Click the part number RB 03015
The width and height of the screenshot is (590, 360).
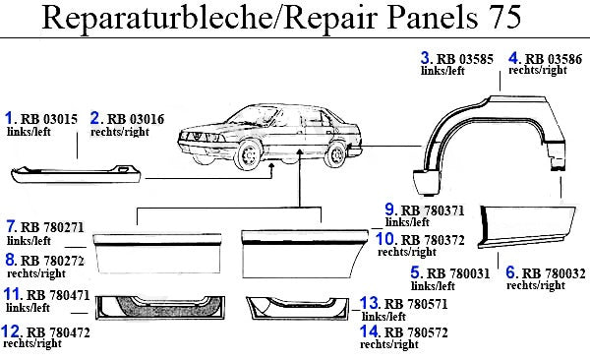tap(49, 119)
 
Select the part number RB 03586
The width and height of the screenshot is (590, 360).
tap(553, 59)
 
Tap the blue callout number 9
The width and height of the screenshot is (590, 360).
tap(389, 210)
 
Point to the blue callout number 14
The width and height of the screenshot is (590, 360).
tap(369, 331)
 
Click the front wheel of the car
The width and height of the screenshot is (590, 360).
tap(247, 154)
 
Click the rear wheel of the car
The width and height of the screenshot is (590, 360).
tap(335, 154)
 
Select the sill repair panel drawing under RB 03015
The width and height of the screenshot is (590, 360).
tap(76, 174)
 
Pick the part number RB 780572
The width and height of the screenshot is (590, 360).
tap(416, 332)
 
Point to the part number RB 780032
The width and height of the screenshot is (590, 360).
tap(554, 273)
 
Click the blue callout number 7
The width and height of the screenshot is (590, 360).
tap(11, 226)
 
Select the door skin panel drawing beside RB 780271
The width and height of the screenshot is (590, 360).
tap(157, 253)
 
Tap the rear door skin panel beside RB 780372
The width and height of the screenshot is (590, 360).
tap(304, 254)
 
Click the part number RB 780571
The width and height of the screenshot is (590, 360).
tap(416, 304)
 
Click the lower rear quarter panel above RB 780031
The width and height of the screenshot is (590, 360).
tap(527, 226)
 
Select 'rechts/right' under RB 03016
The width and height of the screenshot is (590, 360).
tap(120, 132)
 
